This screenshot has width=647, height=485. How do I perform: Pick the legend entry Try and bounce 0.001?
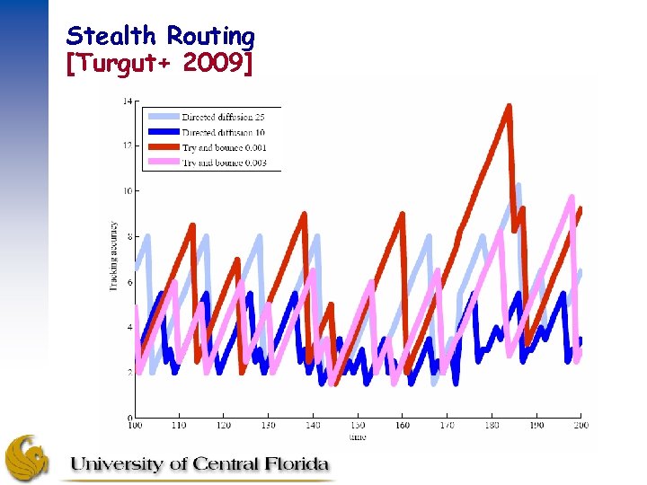(x=224, y=147)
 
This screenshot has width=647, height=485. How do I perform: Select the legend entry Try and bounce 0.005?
(x=224, y=163)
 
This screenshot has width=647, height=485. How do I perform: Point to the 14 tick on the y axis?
(x=128, y=100)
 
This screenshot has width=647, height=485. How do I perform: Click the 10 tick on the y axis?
(x=128, y=190)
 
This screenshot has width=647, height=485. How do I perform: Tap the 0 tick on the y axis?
(x=129, y=419)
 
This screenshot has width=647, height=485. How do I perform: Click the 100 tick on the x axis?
(x=135, y=426)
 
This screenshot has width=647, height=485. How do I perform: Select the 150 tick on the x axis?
(x=358, y=426)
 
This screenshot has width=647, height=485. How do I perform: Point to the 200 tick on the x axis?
(x=581, y=426)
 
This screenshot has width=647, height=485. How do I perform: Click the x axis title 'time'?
(x=358, y=436)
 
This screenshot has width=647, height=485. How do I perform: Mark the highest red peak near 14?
(x=510, y=107)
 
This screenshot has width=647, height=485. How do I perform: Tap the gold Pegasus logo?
(x=28, y=457)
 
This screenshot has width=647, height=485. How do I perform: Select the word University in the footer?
(x=118, y=464)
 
